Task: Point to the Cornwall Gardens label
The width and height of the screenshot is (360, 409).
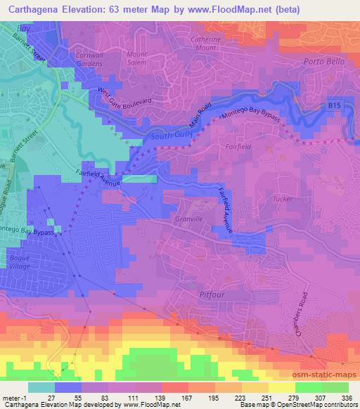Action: click(x=85, y=58)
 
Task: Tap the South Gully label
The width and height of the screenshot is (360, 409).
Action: click(x=169, y=136)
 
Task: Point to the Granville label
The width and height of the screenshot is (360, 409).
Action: click(x=189, y=219)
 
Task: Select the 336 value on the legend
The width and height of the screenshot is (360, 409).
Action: click(x=346, y=398)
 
